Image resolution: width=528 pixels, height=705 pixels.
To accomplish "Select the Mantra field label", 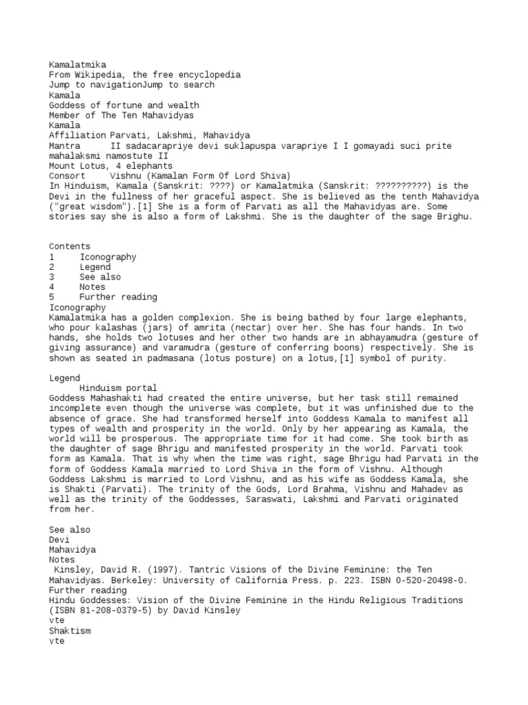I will tap(64, 146).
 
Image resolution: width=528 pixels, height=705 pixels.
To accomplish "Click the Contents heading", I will tap(69, 246).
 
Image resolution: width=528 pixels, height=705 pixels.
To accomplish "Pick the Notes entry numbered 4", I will tap(92, 287).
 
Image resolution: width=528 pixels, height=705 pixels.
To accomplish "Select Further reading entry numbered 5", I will tap(118, 297).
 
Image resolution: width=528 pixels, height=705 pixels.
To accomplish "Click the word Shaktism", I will tap(69, 631).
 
